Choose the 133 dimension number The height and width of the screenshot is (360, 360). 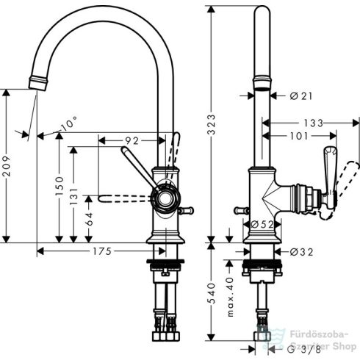pyautogui.click(x=314, y=123)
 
